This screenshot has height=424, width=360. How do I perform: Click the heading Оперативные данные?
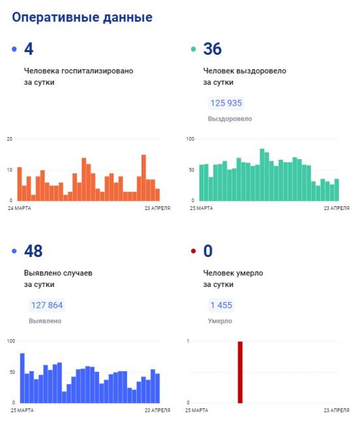[82, 18]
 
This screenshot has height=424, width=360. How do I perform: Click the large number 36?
[213, 49]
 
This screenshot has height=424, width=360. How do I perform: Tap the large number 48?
[33, 251]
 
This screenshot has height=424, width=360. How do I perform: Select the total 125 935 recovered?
[226, 103]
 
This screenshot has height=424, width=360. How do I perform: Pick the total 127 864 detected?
[47, 305]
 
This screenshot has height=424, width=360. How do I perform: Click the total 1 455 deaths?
[221, 305]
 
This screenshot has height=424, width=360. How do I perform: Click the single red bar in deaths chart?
[240, 372]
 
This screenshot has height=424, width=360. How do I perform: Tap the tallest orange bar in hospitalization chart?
[143, 177]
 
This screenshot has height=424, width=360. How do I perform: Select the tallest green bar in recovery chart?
[262, 175]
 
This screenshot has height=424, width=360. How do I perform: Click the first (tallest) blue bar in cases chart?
[22, 378]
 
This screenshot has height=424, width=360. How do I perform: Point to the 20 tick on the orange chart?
[10, 139]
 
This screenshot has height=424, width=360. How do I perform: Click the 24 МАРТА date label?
[20, 208]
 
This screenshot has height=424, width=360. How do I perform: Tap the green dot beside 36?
[193, 49]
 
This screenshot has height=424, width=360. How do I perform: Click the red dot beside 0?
[193, 251]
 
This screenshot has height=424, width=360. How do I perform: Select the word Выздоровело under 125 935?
[230, 119]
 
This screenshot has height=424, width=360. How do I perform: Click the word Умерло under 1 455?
[220, 321]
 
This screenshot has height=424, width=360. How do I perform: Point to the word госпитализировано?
[98, 71]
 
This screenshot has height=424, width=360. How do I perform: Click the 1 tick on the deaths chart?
[188, 341]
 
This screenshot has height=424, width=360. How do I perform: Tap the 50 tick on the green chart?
[192, 170]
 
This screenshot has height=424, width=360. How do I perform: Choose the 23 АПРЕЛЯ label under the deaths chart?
[337, 410]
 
